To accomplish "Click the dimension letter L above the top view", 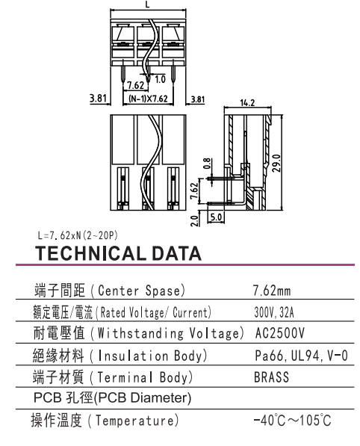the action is pos(147,4).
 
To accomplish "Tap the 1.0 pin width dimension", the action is pos(160,79).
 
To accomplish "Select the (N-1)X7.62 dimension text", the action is pos(148,99).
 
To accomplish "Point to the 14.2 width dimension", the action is pos(247,102).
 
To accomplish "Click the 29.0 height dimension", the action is pos(276,163).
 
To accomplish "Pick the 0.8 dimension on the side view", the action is pos(208,164).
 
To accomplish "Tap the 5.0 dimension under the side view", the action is pos(216,217).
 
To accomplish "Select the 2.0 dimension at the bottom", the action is pos(194,220).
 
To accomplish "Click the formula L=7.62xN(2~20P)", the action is pos(78,235).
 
